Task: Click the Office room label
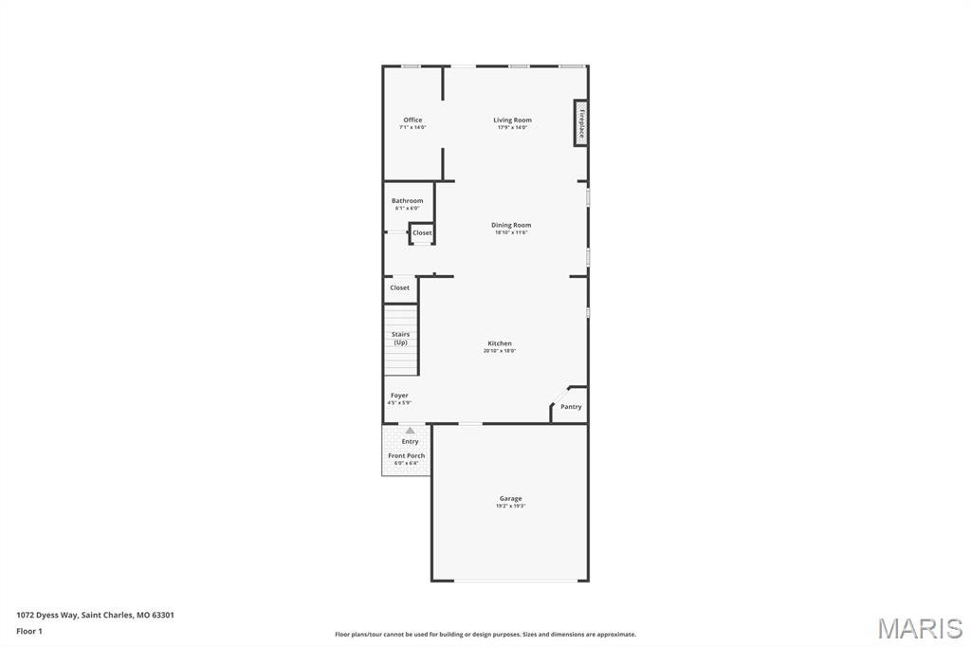coord(412,120)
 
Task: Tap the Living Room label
coord(512,120)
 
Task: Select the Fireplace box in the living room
coord(580,123)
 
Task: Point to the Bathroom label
coord(408,201)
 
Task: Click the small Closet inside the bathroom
coord(422,232)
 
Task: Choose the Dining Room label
coord(511,226)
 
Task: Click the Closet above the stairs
coord(400,287)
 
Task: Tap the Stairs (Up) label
coord(401,338)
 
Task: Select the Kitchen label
coord(500,343)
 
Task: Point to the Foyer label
coord(399,396)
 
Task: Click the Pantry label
coord(571,407)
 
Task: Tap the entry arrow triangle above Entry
coord(410,431)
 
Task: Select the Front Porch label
coord(407,456)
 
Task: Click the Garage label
coord(510,498)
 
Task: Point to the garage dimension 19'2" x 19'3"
coord(510,507)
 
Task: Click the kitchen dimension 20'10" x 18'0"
coord(500,351)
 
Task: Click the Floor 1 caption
coord(29,631)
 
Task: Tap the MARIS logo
coord(919,628)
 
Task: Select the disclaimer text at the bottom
coord(485,635)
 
